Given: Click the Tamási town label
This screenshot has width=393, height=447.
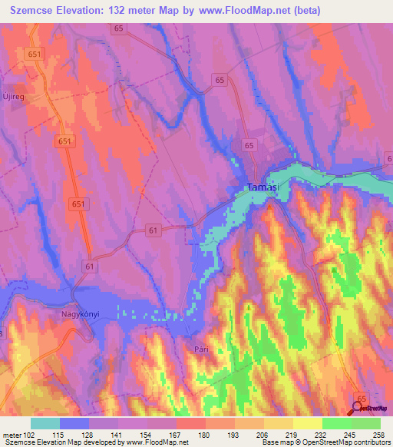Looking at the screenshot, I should click(262, 187).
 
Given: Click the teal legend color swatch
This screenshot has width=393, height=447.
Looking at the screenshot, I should click(45, 423).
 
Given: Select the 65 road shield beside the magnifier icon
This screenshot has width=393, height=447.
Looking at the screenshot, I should click(362, 396).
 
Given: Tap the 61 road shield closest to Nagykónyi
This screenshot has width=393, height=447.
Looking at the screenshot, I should click(91, 266).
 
